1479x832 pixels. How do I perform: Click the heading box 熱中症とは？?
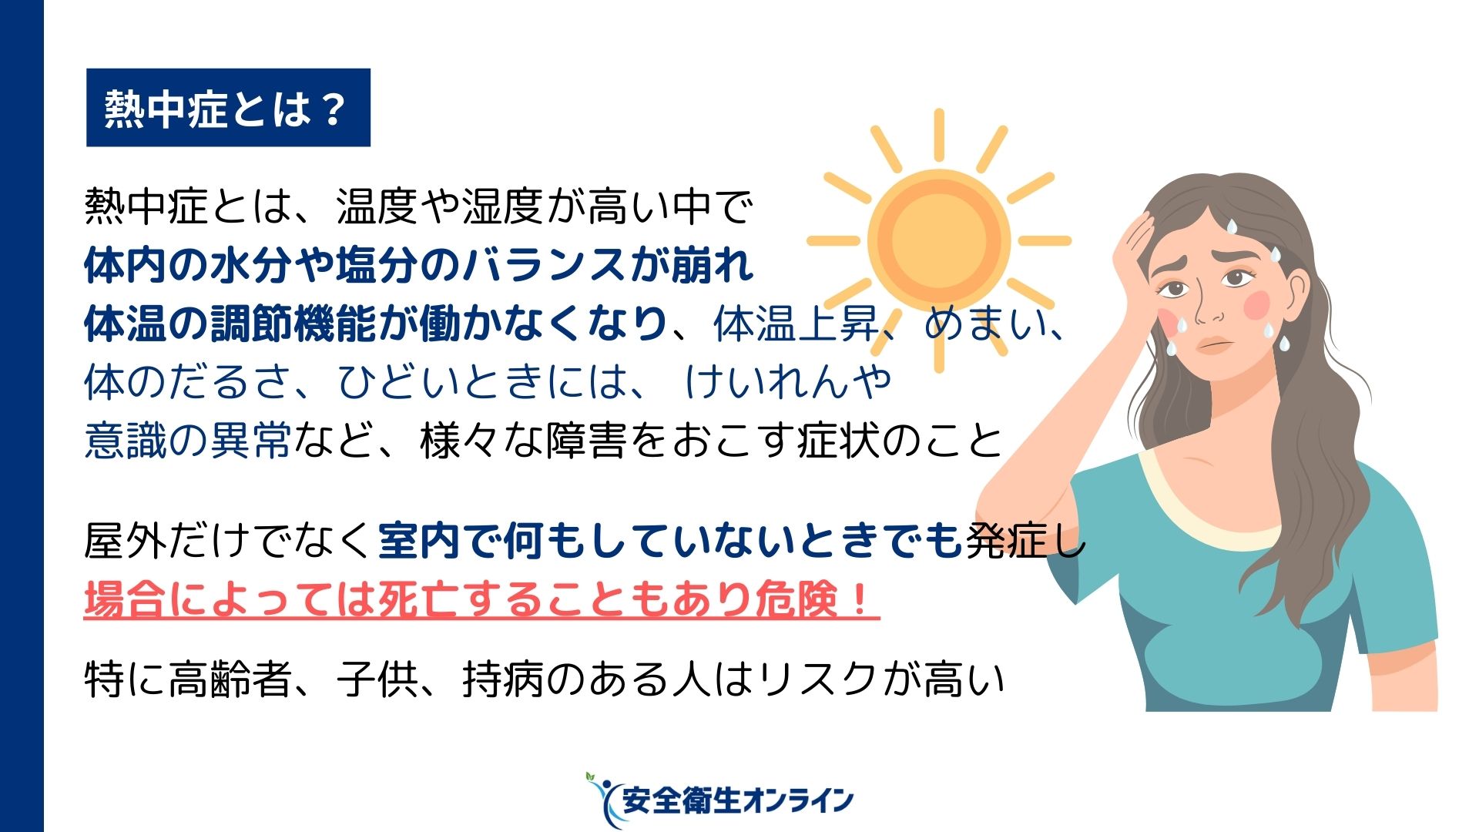[x=228, y=108]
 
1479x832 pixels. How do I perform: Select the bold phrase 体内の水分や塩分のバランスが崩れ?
[x=419, y=265]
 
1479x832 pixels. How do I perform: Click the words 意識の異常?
[x=188, y=441]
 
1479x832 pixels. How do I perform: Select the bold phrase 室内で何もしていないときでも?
[x=670, y=542]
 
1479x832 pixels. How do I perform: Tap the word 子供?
[x=377, y=679]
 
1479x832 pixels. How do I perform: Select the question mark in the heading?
[x=334, y=109]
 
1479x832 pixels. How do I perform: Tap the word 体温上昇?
[x=797, y=324]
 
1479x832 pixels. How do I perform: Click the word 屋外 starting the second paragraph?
[x=125, y=542]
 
